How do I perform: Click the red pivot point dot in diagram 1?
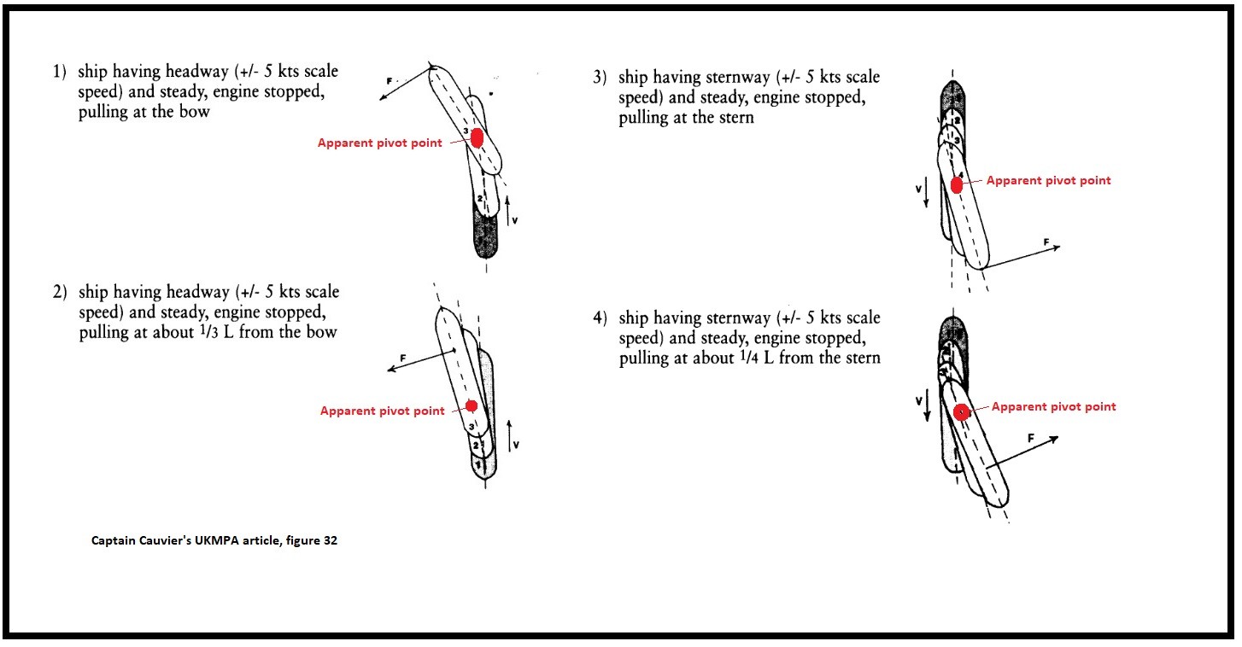477,137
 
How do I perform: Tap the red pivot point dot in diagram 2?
471,405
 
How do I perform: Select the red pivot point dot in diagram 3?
957,184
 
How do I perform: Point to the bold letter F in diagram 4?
1031,437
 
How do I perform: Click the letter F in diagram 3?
1046,242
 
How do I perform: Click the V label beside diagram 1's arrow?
515,219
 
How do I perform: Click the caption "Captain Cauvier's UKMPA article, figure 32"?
214,540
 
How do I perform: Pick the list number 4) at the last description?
600,319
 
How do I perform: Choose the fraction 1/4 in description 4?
745,358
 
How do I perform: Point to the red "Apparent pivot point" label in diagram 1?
380,143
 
